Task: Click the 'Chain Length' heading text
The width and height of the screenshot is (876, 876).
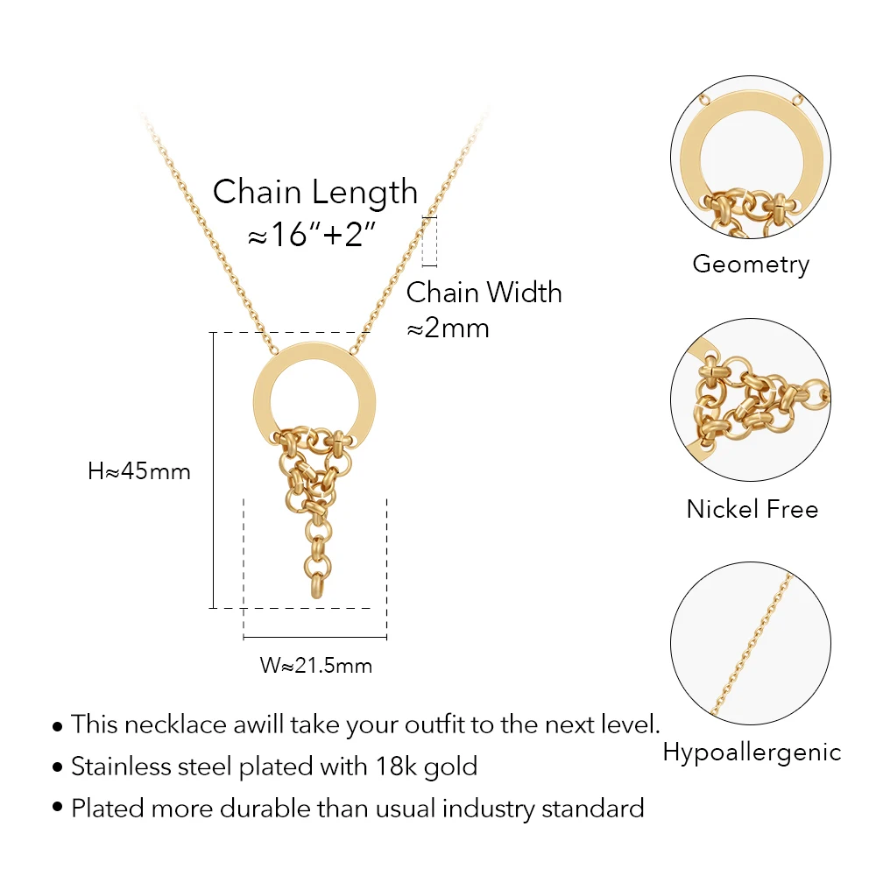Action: [315, 193]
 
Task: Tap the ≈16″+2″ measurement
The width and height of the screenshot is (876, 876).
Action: [312, 234]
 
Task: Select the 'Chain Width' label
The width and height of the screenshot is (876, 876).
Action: [484, 293]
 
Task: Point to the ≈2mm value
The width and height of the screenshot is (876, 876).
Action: [448, 328]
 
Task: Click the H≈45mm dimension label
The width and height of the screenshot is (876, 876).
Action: [139, 471]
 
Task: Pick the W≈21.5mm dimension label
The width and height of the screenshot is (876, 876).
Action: [315, 666]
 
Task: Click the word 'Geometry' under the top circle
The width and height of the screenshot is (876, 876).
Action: [751, 265]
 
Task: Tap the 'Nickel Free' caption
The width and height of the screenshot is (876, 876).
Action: [752, 509]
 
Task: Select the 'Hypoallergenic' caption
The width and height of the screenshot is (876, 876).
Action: [752, 752]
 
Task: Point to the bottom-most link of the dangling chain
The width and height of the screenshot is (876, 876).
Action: [316, 587]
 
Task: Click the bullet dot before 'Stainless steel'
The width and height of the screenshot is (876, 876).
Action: [57, 767]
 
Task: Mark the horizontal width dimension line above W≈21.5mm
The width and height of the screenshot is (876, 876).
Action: [315, 637]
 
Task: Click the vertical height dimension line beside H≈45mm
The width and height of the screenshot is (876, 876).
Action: [213, 470]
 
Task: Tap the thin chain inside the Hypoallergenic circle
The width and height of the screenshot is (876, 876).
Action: [752, 644]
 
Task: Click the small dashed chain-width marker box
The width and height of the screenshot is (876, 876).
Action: [429, 242]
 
